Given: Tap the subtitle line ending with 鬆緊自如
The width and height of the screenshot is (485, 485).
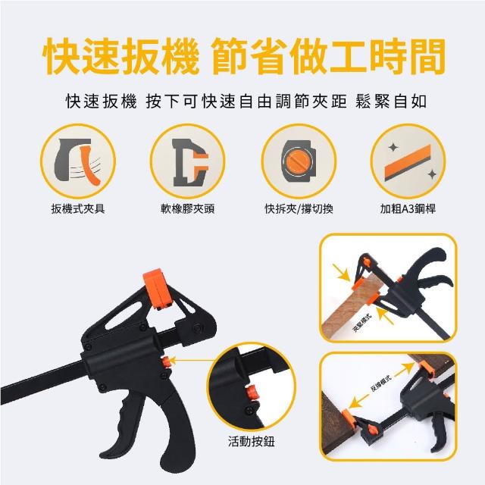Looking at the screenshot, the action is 246,102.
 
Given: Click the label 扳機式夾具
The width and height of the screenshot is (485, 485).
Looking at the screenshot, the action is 78,209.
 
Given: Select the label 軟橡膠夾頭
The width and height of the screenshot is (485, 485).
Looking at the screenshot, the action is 187,209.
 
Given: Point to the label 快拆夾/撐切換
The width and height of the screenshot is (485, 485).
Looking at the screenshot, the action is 299,209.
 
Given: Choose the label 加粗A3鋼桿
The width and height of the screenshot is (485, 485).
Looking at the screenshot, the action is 408,209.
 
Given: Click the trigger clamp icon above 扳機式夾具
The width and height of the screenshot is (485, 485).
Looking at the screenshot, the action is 77,161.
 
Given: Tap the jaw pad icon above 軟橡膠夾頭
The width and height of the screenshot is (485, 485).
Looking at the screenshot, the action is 190,162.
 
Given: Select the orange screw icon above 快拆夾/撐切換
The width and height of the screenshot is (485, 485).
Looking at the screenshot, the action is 299,161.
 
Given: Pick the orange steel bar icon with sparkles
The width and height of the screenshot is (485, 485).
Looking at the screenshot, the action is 408,162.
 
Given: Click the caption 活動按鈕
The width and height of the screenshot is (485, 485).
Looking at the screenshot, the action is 251,441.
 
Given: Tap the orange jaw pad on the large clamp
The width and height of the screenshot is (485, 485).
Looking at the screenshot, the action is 157,289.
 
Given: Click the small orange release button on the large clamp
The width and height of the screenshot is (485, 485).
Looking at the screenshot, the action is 166,362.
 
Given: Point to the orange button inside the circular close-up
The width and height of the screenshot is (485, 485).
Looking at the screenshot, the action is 252,393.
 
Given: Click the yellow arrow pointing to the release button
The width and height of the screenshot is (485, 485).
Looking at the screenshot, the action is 192,361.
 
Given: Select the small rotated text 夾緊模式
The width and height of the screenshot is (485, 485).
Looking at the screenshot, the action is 361,324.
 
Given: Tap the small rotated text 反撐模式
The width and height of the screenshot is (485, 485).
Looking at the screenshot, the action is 380,383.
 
